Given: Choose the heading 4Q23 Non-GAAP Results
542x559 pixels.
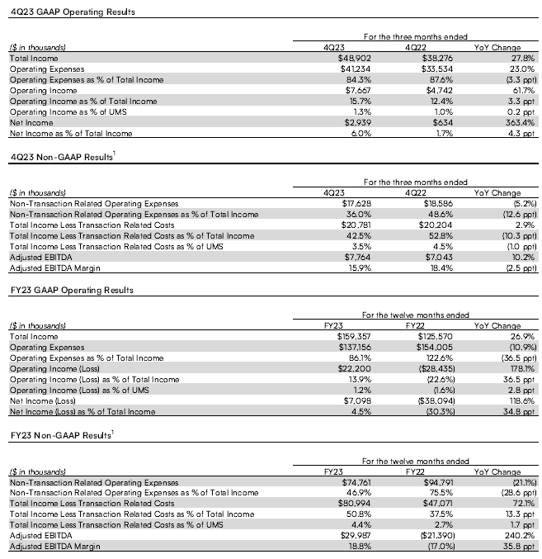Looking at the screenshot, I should [x=59, y=158].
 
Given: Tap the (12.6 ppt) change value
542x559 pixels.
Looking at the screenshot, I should [x=519, y=213].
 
